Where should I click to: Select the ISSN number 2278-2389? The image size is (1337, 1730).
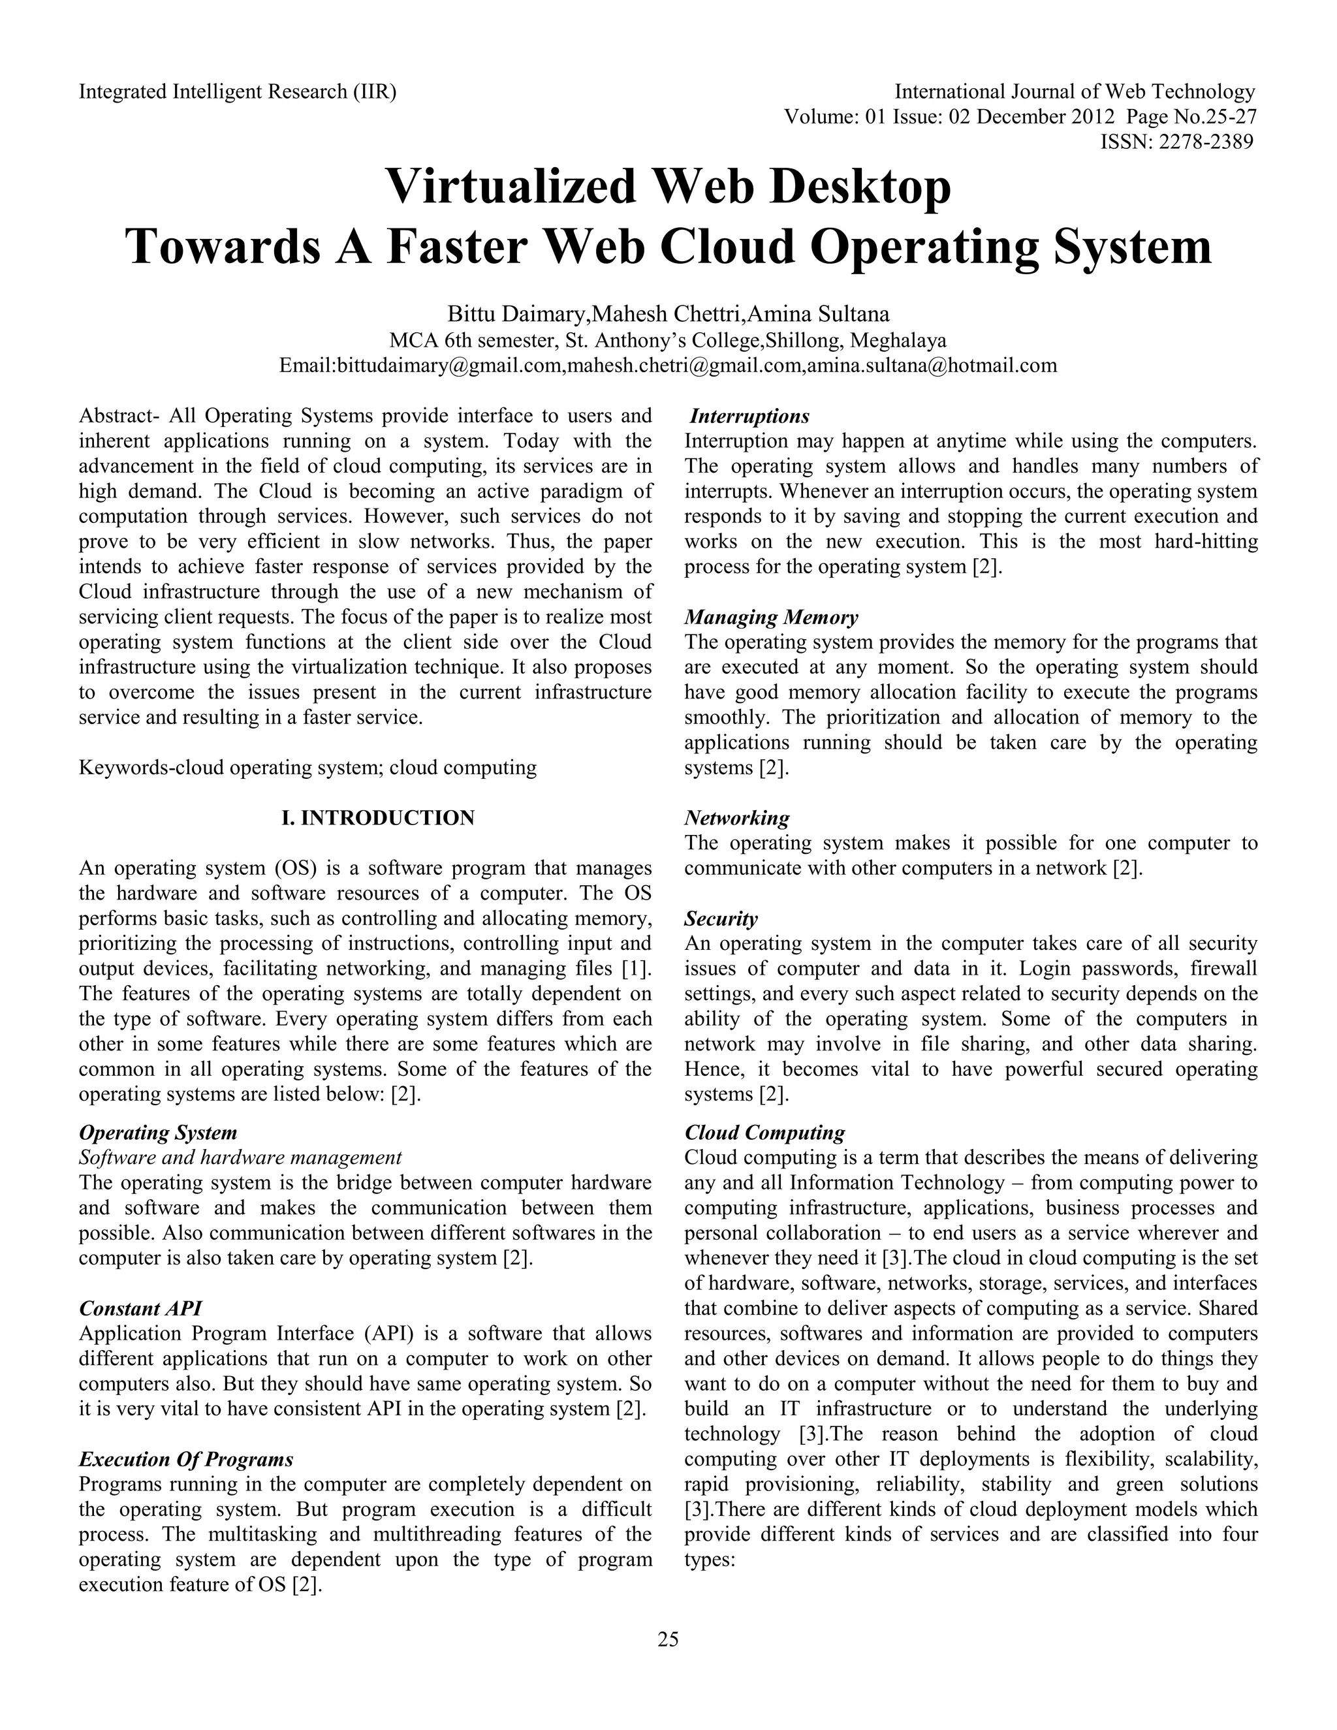point(1177,142)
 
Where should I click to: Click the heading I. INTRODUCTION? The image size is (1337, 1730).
point(378,817)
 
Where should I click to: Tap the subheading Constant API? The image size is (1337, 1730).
point(140,1308)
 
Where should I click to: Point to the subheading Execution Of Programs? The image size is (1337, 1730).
point(186,1459)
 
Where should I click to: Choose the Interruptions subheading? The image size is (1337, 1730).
point(749,416)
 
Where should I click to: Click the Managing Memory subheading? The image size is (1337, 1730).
point(771,617)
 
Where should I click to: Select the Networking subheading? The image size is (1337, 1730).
point(736,817)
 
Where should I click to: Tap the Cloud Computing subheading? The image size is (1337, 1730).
point(764,1132)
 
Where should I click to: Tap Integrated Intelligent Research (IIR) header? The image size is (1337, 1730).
point(238,92)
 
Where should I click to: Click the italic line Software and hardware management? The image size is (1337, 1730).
point(240,1157)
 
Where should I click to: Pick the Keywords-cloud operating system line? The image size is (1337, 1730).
point(307,768)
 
